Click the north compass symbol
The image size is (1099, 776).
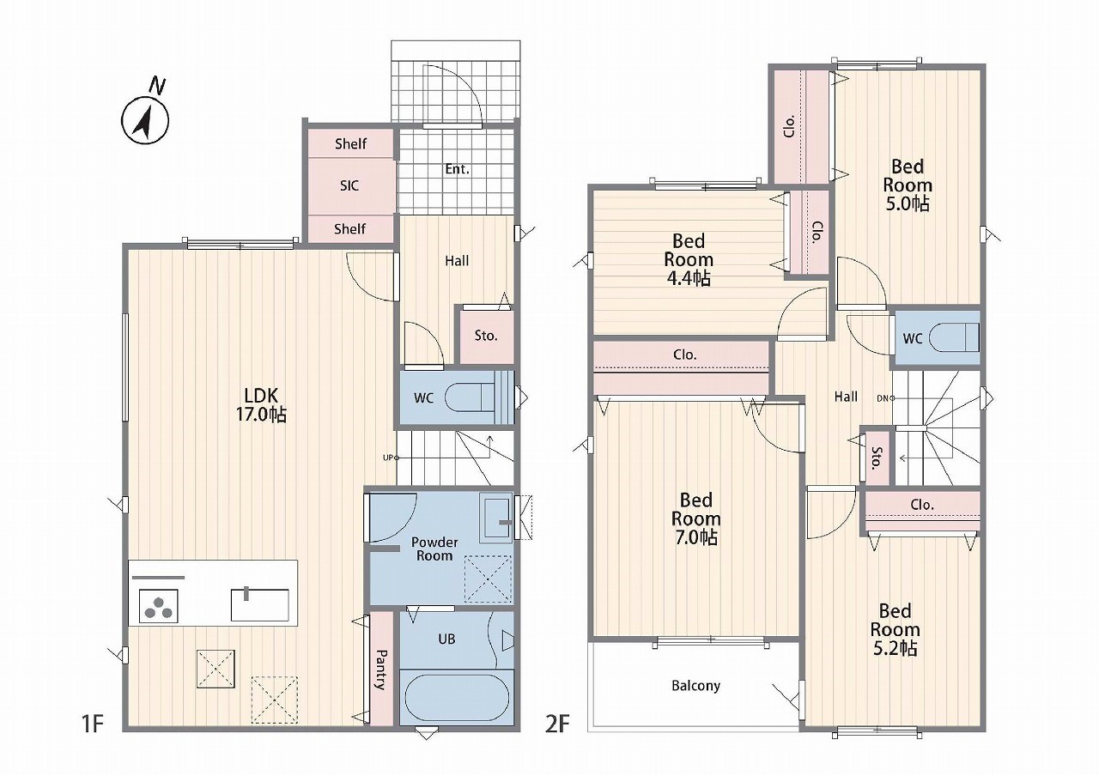tap(145, 116)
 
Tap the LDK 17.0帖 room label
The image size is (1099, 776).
tap(262, 404)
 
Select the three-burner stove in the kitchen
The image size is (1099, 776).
tap(159, 606)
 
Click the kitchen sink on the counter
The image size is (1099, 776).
tap(259, 604)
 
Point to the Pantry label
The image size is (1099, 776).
tap(380, 670)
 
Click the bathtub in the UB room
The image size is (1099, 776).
tap(456, 697)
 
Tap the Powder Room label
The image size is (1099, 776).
tap(434, 549)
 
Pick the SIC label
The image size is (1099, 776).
tap(349, 185)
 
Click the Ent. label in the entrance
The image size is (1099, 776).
tap(458, 169)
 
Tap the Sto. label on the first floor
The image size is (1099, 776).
tap(486, 336)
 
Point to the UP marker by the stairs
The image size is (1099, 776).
tap(391, 458)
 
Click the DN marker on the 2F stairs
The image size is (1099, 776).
tap(885, 398)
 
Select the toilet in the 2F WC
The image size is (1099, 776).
tap(956, 337)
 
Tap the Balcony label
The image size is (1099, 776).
tap(695, 685)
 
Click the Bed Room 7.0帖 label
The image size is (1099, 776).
tap(695, 519)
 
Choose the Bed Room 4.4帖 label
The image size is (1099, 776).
tap(689, 259)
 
